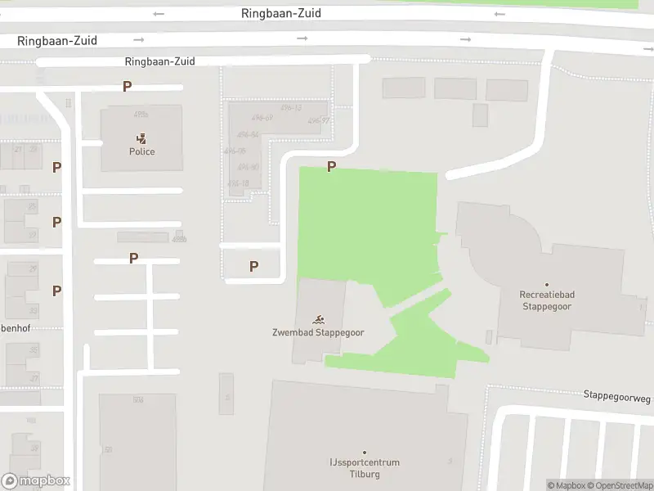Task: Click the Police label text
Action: [x=141, y=151]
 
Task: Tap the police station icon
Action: [x=141, y=138]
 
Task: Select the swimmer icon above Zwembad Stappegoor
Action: [x=318, y=319]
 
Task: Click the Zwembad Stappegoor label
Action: [x=318, y=332]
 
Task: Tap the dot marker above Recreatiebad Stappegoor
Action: [x=547, y=286]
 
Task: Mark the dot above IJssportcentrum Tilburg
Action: [x=365, y=453]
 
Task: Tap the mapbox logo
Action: [x=36, y=481]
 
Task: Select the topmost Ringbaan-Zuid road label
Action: [x=281, y=13]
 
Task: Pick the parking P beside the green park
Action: [x=331, y=167]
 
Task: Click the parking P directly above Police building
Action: [x=127, y=86]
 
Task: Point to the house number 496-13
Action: [x=291, y=107]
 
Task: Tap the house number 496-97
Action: [x=319, y=121]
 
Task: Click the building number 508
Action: [x=138, y=399]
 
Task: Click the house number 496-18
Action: [x=238, y=183]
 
